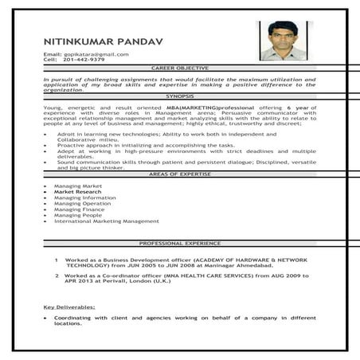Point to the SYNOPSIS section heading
pos(180,96)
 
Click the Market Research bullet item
pos(77,192)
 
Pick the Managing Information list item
pos(84,198)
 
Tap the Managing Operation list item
pos(82,203)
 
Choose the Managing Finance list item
pos(79,209)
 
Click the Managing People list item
pos(78,215)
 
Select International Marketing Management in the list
pos(106,221)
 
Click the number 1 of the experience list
pos(57,260)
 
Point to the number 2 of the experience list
pos(57,276)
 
